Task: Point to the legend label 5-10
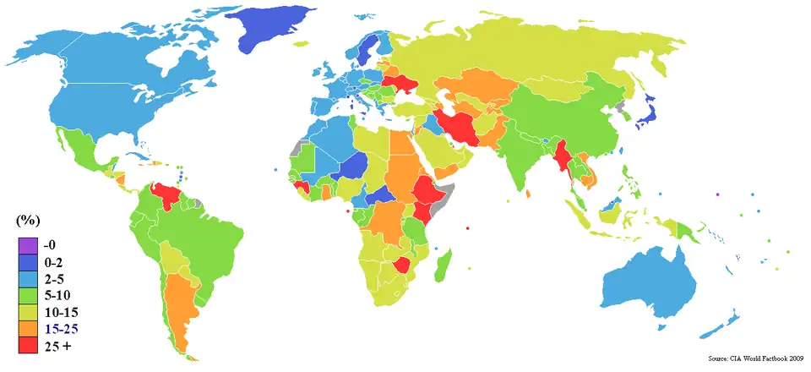pos(63,294)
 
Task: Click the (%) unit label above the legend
pos(28,221)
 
